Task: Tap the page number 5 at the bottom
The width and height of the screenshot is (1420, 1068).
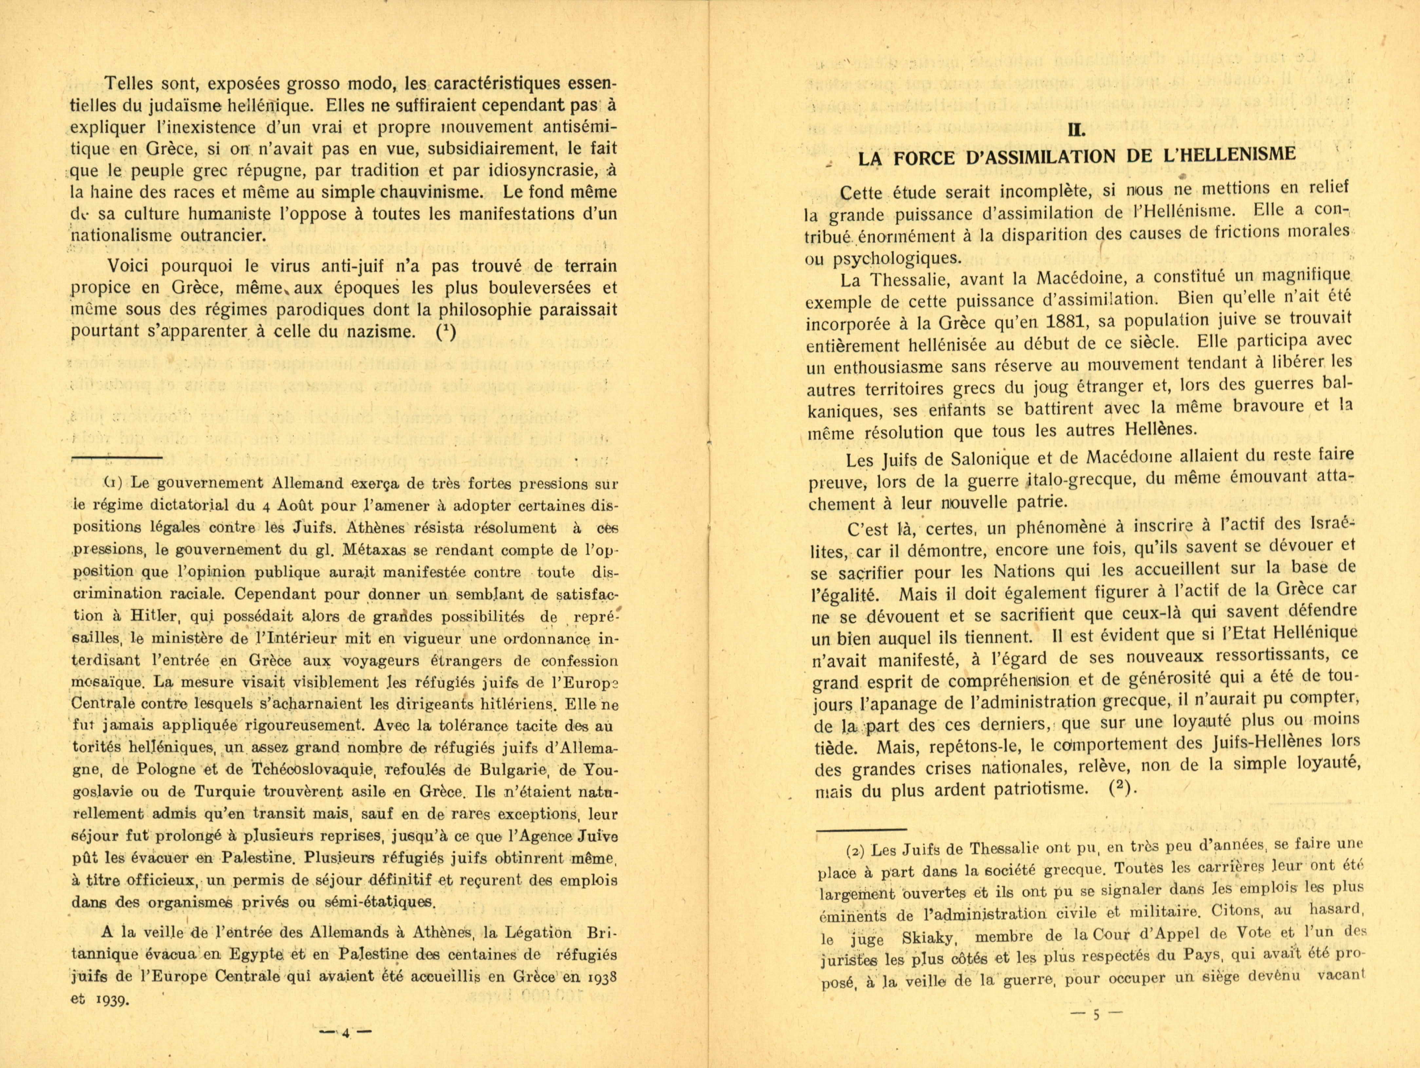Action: point(1096,1015)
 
